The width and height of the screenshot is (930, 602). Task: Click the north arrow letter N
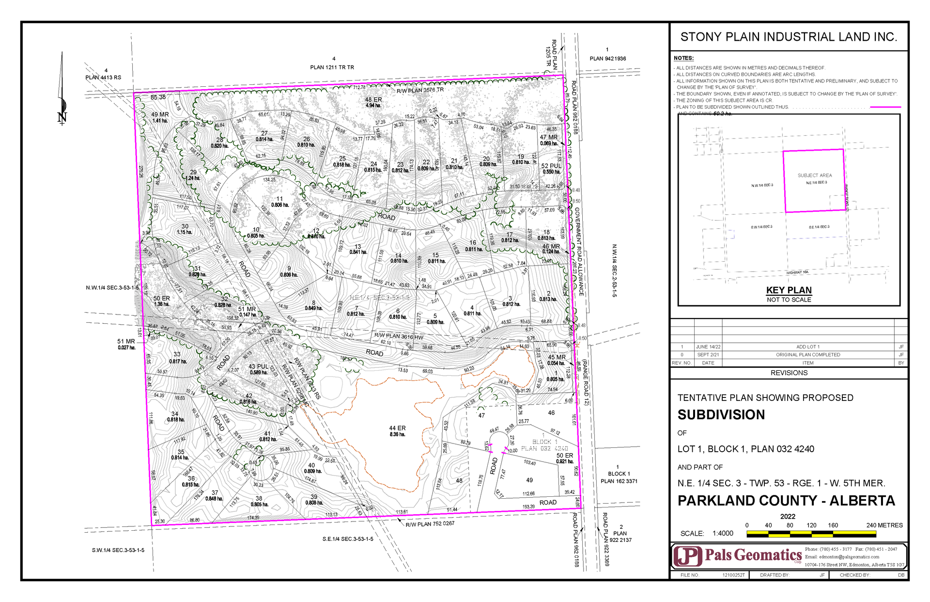62,118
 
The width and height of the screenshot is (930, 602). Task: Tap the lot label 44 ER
397,431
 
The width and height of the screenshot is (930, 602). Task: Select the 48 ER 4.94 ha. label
373,102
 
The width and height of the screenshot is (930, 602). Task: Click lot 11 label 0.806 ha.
279,202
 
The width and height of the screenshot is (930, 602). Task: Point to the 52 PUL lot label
551,168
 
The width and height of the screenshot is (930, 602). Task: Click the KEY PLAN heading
789,290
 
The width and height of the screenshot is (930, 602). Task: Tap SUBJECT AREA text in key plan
815,175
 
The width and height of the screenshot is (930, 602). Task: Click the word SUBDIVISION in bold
721,415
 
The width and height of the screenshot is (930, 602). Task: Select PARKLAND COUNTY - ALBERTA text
786,501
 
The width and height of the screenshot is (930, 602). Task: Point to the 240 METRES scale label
884,525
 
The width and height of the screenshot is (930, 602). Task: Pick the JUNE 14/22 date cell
708,347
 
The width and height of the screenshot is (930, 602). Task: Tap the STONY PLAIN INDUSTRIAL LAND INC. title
789,37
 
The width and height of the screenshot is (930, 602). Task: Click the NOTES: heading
683,58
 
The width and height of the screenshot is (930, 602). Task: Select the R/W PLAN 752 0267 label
430,523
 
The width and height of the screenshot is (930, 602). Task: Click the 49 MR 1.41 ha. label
160,117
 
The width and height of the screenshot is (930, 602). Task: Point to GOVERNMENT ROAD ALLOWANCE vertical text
579,252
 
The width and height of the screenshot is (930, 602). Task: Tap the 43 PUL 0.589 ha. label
258,369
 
